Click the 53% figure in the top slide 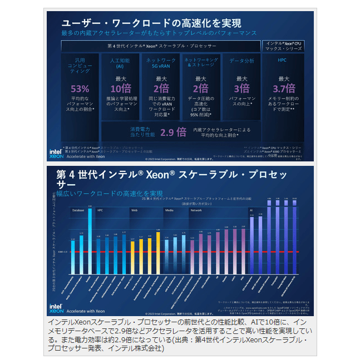tap(80, 88)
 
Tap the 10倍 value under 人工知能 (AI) tap(121, 88)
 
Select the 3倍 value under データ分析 tap(241, 88)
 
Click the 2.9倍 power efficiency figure tap(173, 132)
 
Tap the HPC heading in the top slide tap(282, 60)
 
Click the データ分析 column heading tap(241, 61)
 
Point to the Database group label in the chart tap(78, 211)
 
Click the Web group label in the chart tap(134, 211)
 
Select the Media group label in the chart tap(169, 211)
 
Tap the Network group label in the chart tap(196, 211)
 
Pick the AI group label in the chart tap(251, 211)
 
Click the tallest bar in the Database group tap(90, 239)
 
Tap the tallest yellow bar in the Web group tap(159, 250)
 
